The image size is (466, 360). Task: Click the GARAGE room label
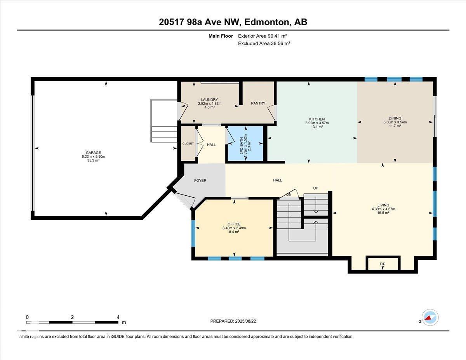pos(93,153)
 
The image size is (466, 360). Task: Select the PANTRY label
pos(258,103)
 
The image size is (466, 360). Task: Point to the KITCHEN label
pos(316,119)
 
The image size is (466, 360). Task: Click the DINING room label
pos(395,118)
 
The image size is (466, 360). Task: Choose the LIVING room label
pos(383,205)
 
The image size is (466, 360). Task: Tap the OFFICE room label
pos(234,224)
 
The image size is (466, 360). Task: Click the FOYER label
pos(200,181)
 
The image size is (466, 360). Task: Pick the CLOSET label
pos(188,144)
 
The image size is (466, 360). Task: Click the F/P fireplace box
pos(383,264)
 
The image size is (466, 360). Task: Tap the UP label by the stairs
pos(316,188)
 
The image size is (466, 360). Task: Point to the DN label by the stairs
pos(289,195)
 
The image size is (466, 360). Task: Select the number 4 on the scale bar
pos(118,317)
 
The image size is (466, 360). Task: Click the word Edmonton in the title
pos(266,22)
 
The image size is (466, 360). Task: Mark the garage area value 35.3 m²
pos(93,160)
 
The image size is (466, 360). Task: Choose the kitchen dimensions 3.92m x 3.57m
pos(316,123)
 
